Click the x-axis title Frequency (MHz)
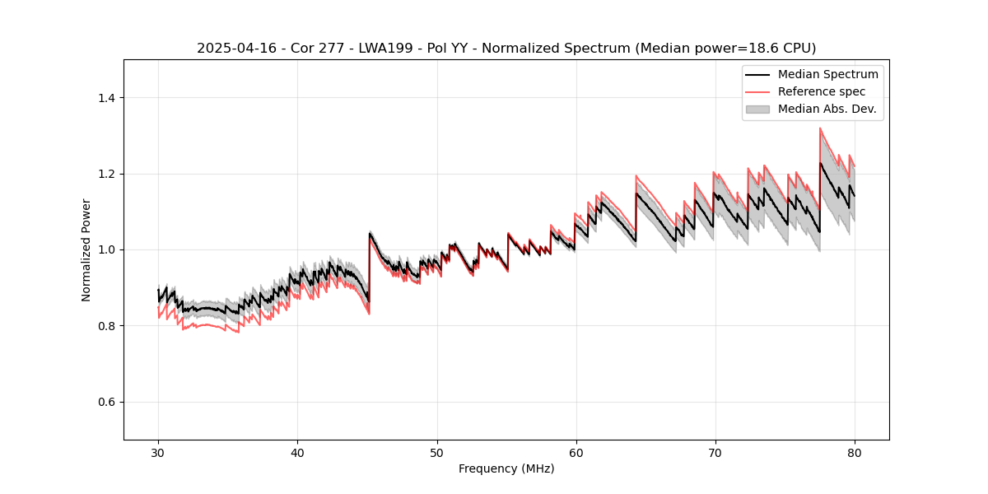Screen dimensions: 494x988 tap(506, 468)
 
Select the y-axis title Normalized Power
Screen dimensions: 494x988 tap(86, 249)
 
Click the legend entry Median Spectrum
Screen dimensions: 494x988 tap(827, 74)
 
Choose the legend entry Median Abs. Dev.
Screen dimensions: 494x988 tap(827, 109)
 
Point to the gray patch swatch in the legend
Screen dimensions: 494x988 tap(757, 109)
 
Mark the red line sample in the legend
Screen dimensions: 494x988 tap(757, 91)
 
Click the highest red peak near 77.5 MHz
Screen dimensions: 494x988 tap(820, 128)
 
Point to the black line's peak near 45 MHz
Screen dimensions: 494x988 tap(370, 233)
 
